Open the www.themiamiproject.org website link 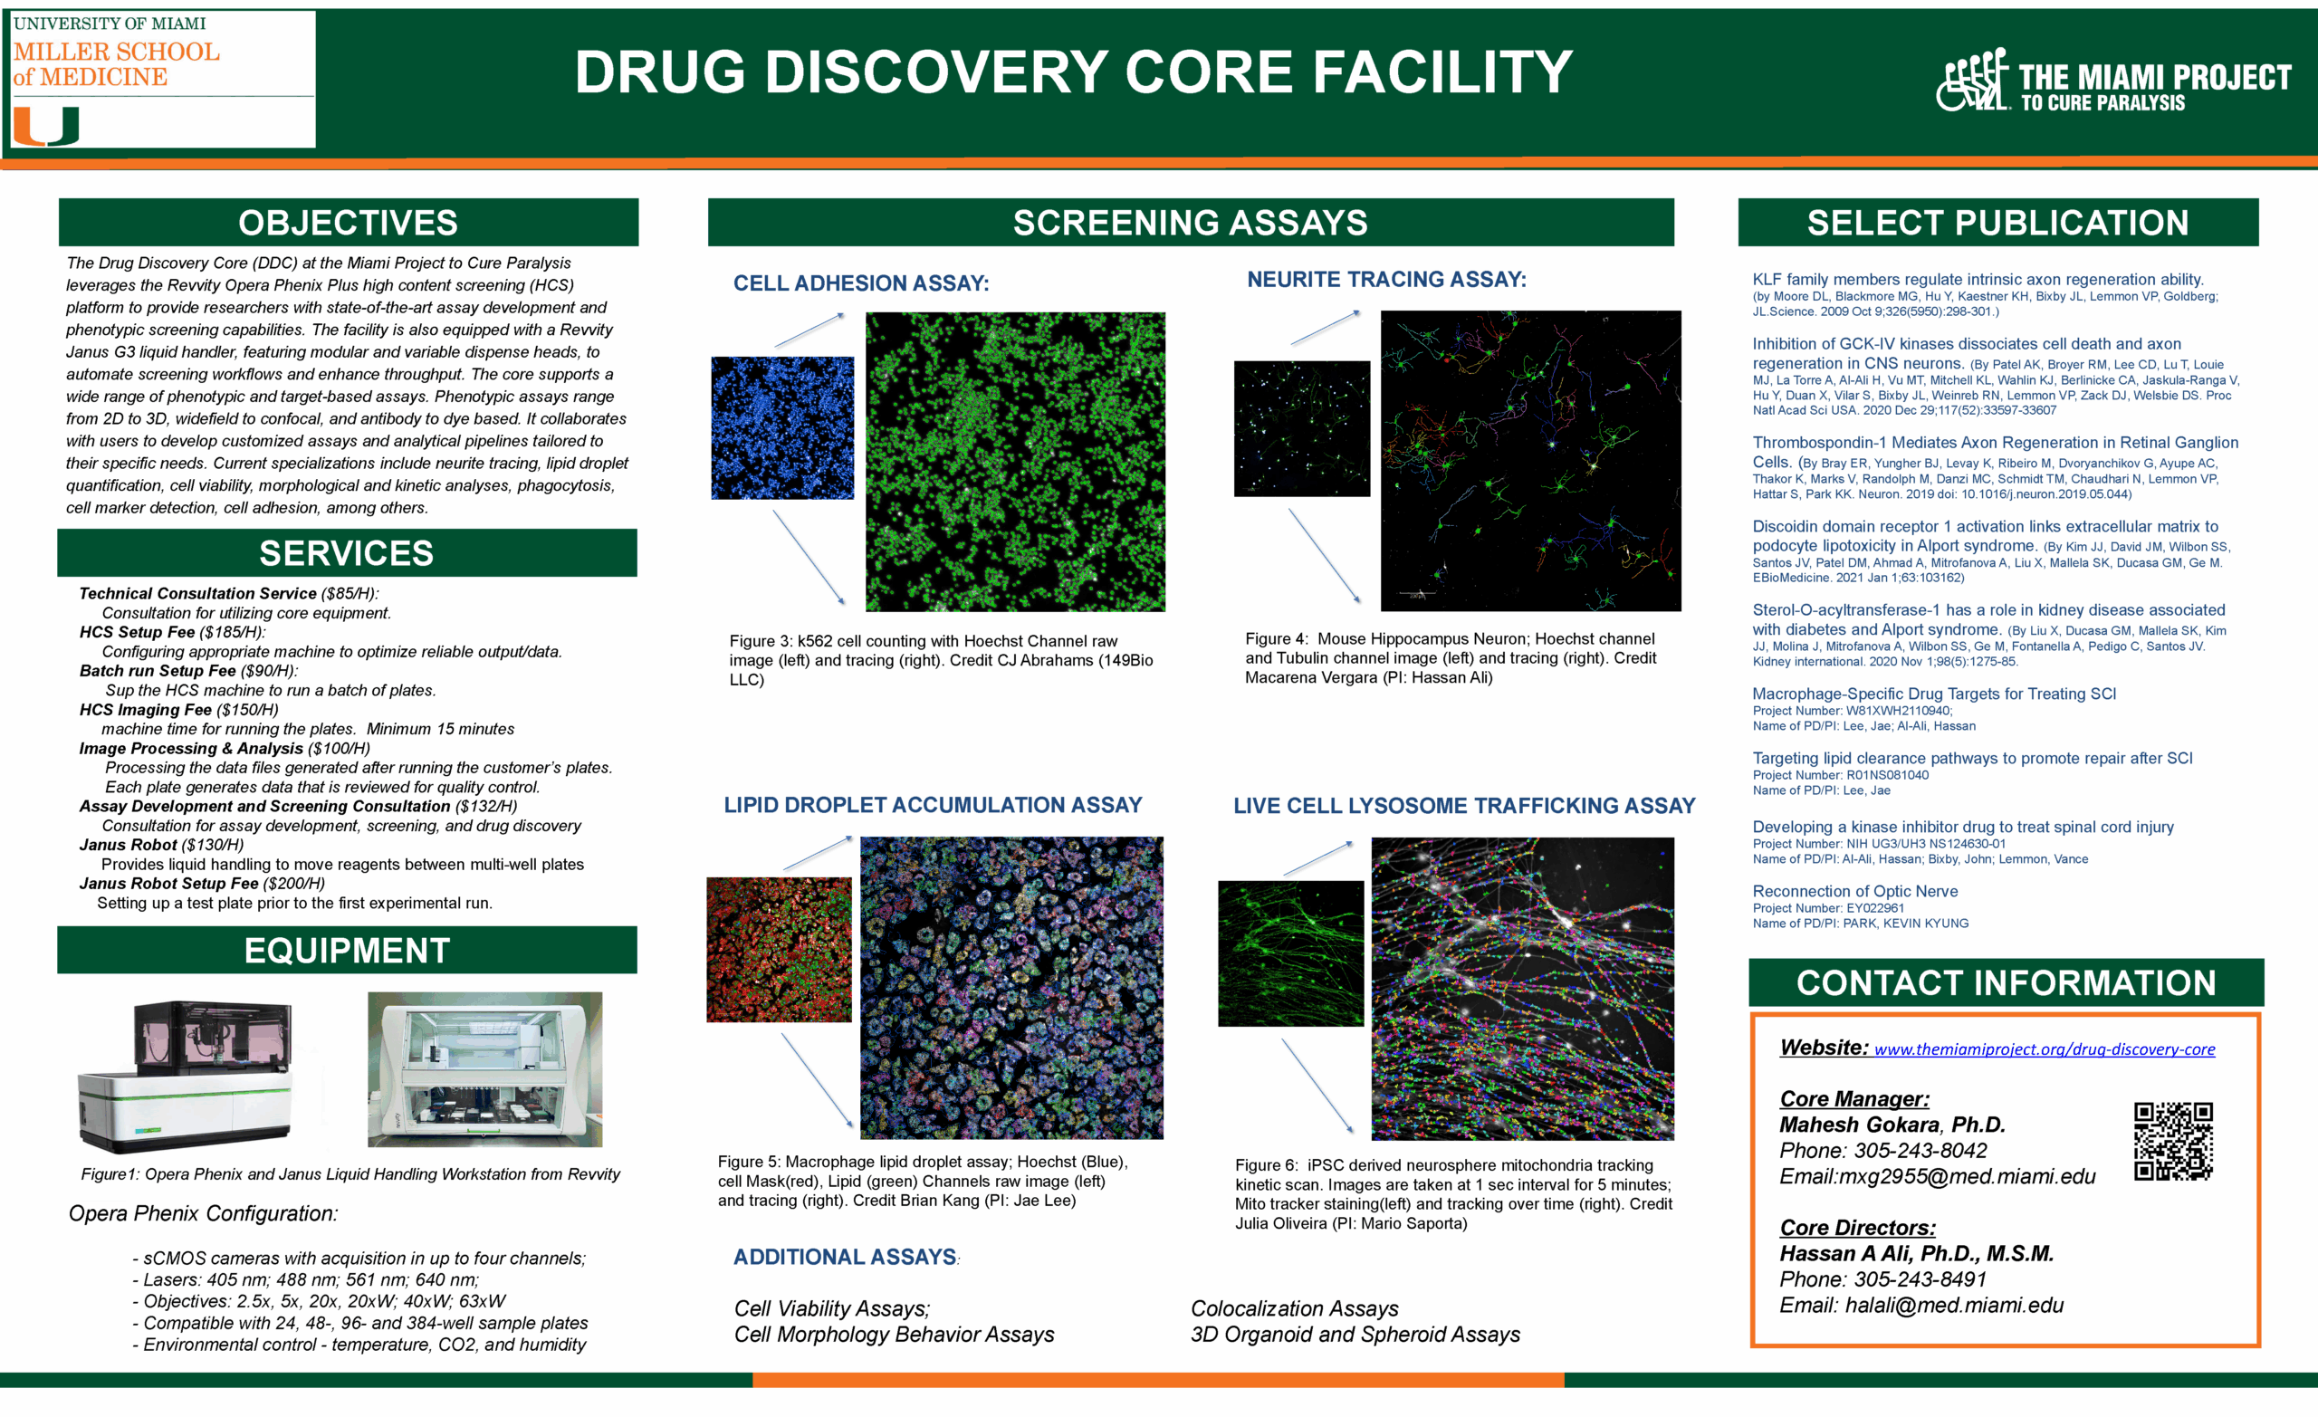2044,1049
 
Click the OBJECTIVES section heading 348,223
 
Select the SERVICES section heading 346,553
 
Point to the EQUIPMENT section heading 346,951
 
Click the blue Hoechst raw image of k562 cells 781,428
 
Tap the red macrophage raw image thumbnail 779,950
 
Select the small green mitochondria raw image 1289,953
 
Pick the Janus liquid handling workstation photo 484,1069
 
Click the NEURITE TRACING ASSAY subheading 1385,280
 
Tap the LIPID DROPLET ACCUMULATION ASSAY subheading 933,806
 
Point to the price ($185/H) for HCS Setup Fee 233,632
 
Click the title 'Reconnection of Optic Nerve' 1854,891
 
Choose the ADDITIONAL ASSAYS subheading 845,1257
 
